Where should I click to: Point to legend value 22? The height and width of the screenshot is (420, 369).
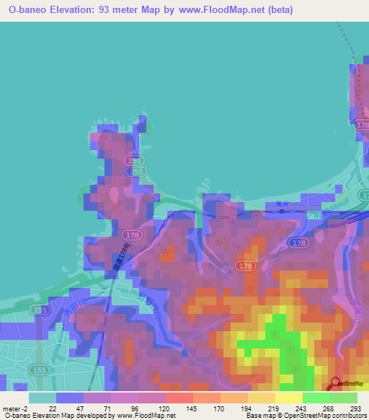pyautogui.click(x=53, y=408)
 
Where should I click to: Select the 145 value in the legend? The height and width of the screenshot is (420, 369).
pyautogui.click(x=192, y=408)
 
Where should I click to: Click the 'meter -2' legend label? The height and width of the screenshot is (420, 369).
pyautogui.click(x=14, y=408)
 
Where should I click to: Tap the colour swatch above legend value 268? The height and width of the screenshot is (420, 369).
pyautogui.click(x=316, y=398)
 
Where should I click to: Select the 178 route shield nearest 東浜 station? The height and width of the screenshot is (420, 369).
pyautogui.click(x=299, y=243)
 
